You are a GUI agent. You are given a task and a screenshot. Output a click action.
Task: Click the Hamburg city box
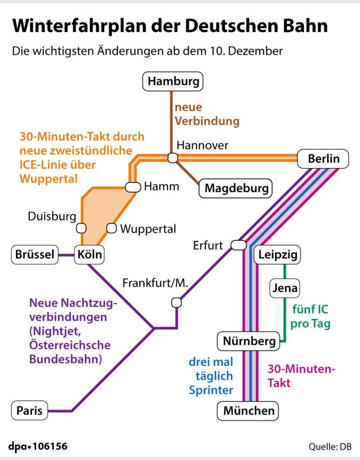173,82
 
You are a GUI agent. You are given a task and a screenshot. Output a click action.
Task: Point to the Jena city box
284,286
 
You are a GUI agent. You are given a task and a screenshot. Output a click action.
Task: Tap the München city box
248,411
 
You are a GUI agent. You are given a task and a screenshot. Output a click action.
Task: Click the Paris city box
29,411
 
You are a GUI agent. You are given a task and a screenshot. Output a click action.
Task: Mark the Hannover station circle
173,158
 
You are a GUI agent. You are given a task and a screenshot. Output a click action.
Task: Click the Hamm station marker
133,186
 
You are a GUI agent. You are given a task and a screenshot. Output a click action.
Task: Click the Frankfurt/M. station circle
177,302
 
